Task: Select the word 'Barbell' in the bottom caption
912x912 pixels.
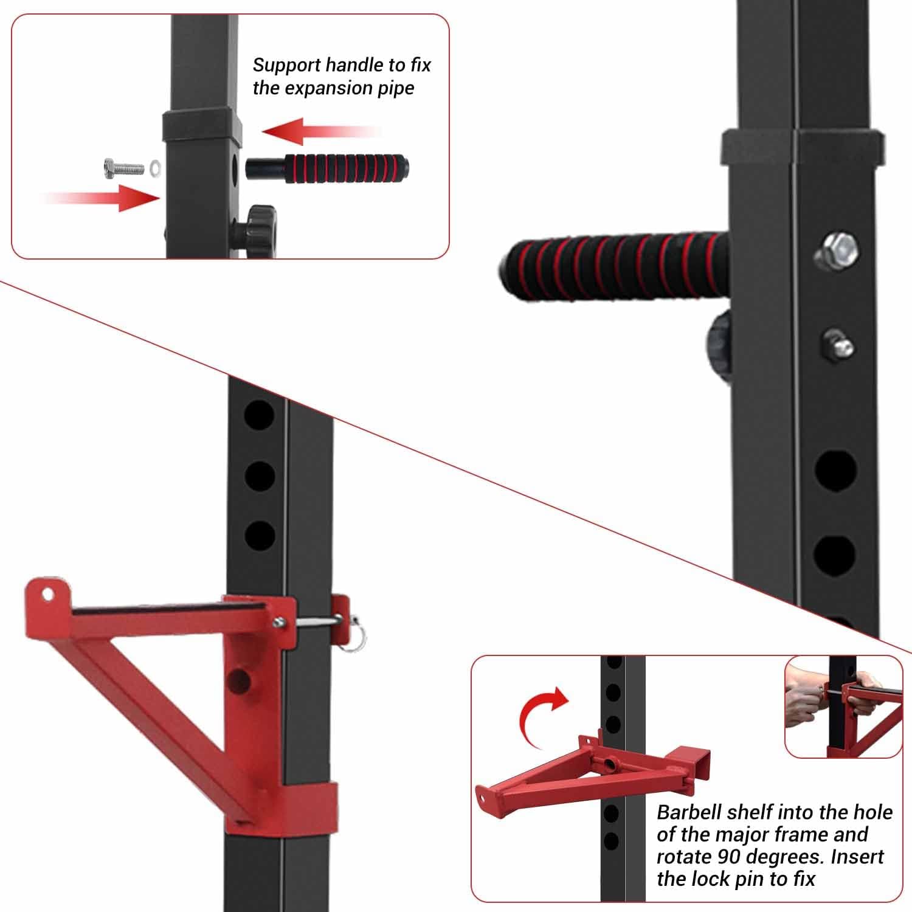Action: [x=689, y=812]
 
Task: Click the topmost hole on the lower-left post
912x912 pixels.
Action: [x=260, y=414]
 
